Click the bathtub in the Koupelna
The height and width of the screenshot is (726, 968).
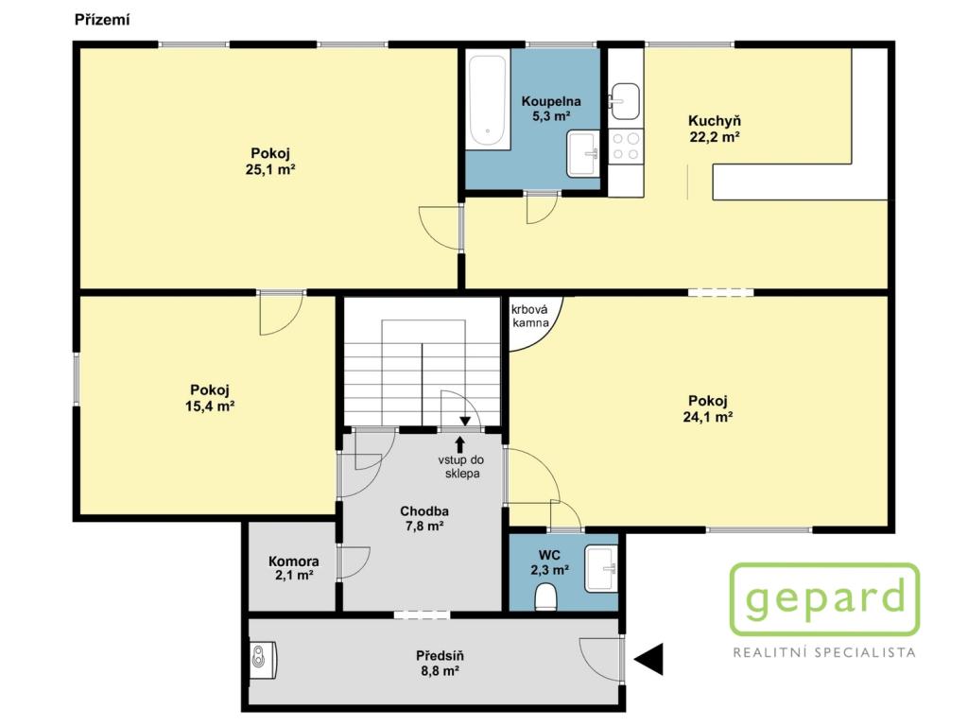489,99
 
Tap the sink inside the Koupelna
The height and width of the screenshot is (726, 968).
583,153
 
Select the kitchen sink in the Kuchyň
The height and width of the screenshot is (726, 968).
625,100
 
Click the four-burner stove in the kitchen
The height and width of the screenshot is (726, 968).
626,147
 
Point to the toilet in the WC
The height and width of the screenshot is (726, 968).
546,597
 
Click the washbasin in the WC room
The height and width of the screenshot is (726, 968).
601,568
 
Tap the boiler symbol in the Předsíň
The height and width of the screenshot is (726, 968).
263,656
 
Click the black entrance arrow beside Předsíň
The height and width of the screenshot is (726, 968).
648,659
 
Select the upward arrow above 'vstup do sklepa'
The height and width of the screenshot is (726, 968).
460,444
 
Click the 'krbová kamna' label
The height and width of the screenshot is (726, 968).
530,317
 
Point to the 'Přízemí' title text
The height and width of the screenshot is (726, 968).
102,20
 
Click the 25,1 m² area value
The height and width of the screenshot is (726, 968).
270,169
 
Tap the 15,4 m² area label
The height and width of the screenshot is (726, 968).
210,406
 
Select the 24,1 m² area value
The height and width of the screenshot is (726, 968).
708,417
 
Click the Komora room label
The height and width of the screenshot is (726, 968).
294,562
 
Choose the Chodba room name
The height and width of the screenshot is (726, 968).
424,511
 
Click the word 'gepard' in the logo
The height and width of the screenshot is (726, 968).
825,599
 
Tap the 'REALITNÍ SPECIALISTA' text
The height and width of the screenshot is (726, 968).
824,652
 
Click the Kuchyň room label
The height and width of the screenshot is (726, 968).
715,120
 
